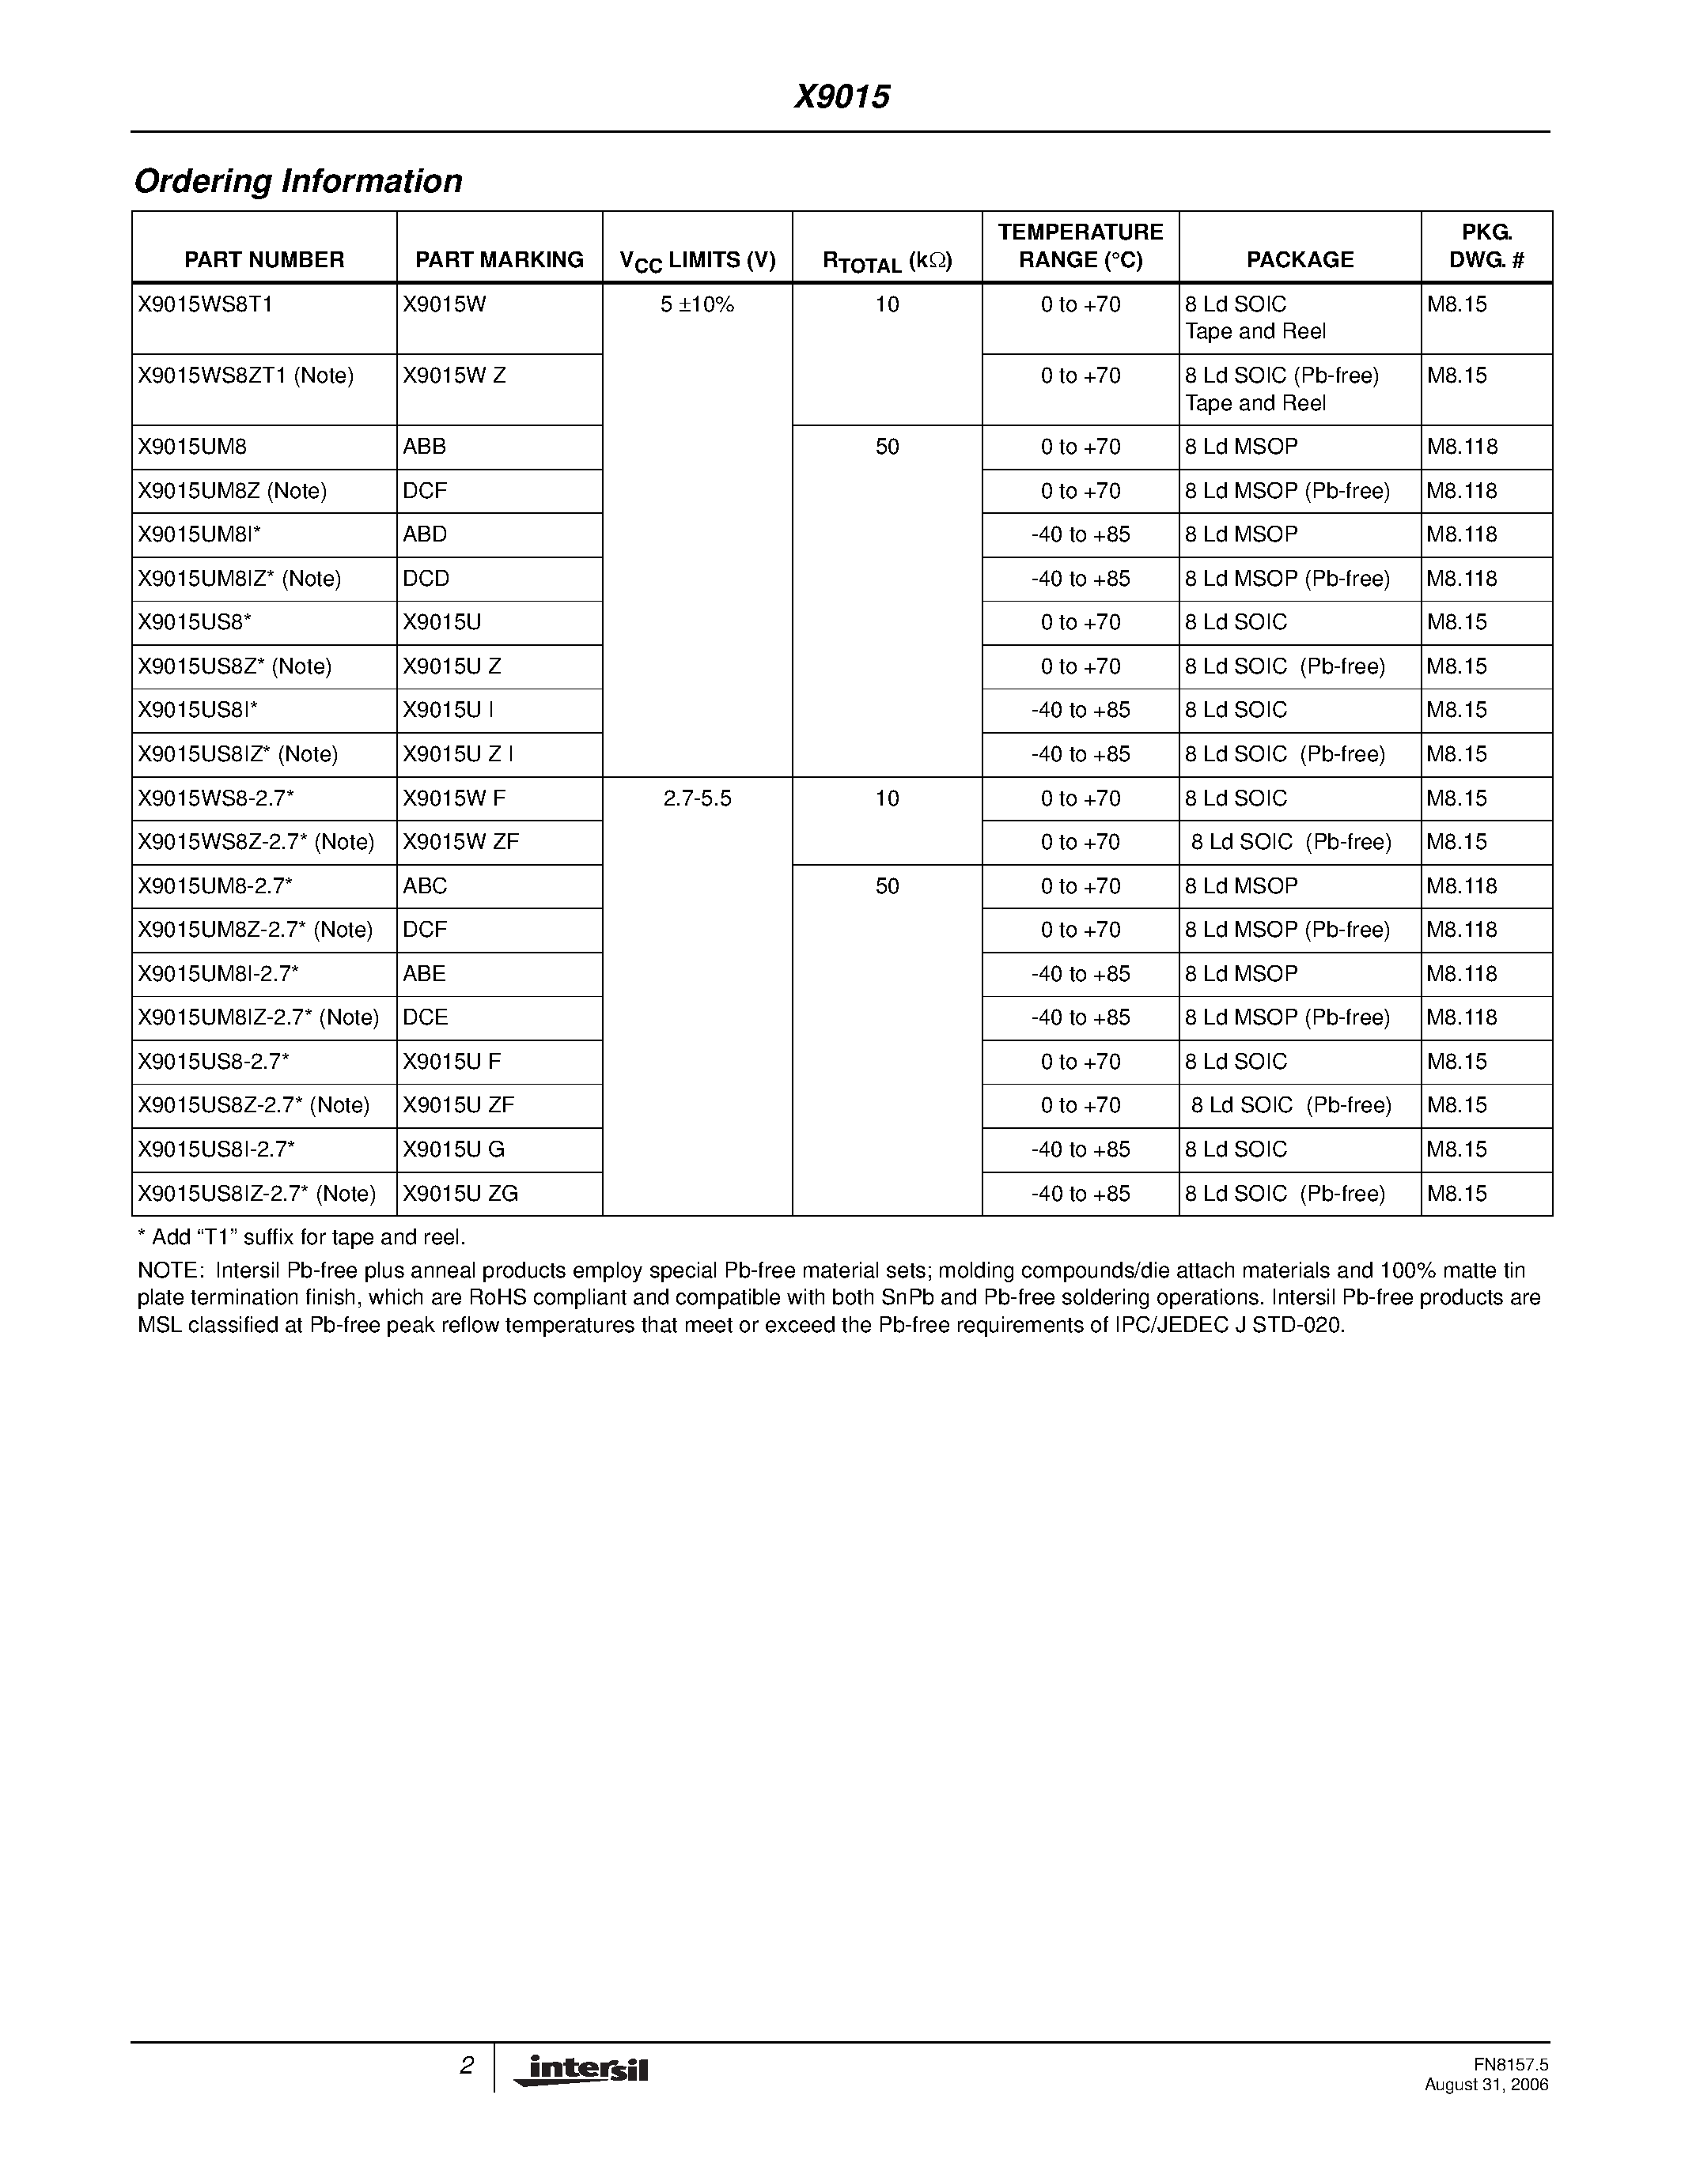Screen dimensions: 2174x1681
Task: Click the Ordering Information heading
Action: click(x=297, y=181)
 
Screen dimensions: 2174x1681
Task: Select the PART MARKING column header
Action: click(x=499, y=260)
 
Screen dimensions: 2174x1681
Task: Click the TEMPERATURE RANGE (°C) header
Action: click(x=1081, y=246)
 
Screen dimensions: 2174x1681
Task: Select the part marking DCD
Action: click(x=426, y=579)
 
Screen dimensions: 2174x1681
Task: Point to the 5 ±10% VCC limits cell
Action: click(x=697, y=304)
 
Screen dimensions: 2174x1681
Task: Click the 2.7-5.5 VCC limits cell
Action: click(x=697, y=798)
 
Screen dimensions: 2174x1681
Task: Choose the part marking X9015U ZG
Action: click(x=460, y=1194)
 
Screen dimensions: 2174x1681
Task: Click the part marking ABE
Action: click(x=424, y=973)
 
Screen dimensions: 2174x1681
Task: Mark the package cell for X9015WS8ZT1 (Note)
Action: click(x=1282, y=389)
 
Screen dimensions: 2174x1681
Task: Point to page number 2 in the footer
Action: click(x=466, y=2066)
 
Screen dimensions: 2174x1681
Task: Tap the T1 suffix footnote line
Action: click(x=301, y=1237)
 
